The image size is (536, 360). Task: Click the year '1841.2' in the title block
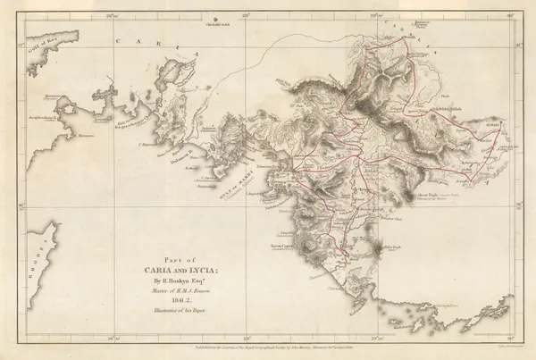180,300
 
